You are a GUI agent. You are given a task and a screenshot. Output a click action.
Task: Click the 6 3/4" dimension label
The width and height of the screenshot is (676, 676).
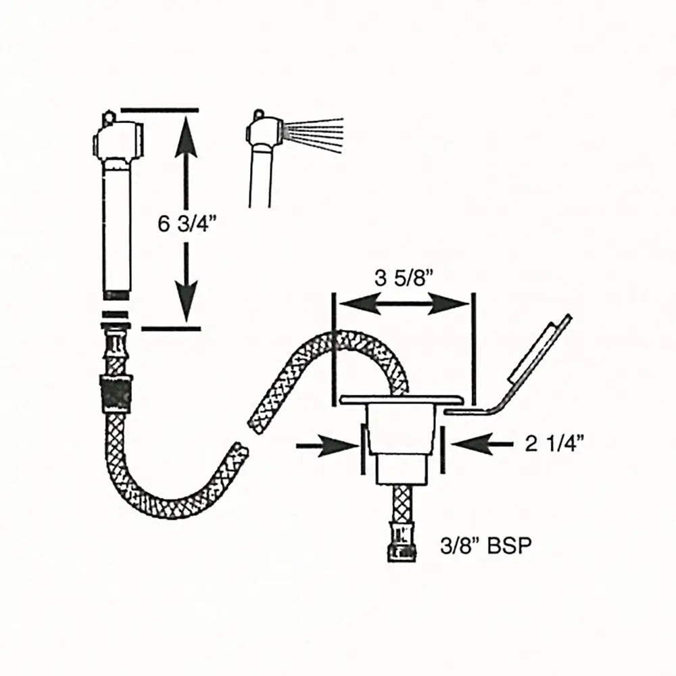coord(182,224)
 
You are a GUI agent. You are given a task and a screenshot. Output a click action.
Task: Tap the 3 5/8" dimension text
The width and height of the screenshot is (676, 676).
coord(403,279)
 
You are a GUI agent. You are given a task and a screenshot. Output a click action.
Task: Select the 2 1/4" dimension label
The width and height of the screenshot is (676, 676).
coord(554,443)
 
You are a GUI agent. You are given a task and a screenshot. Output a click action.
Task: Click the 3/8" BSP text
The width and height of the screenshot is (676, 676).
coord(481,545)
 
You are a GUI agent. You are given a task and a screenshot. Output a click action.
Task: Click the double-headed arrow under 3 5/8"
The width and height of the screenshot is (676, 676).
coord(404,306)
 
